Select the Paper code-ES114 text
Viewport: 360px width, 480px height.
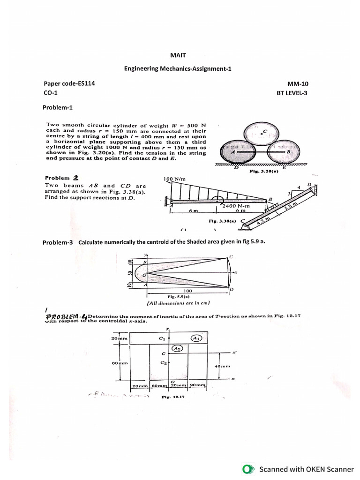[69, 83]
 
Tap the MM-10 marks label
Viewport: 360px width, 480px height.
[298, 84]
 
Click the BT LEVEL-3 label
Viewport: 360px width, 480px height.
[292, 93]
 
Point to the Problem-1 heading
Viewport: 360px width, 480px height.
[58, 107]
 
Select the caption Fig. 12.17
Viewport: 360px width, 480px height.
[173, 397]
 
